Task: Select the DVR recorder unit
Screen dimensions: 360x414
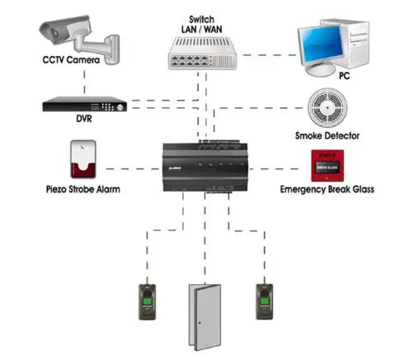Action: click(86, 105)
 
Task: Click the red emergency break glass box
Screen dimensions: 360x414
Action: click(327, 165)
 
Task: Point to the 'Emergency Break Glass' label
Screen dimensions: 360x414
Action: click(327, 189)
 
